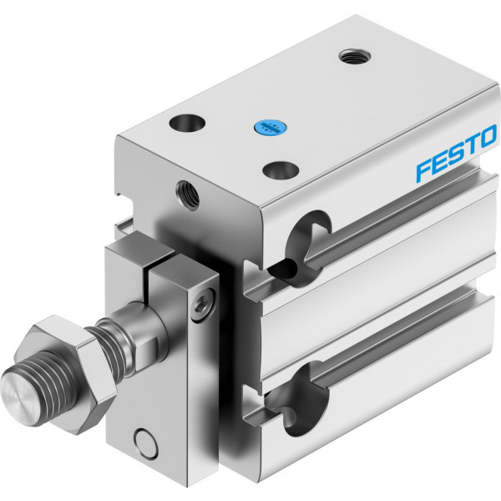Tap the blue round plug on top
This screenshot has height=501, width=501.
[x=270, y=128]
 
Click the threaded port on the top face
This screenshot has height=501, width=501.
[x=355, y=56]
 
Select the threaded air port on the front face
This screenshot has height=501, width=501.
[x=188, y=195]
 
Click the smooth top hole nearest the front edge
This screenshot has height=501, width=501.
[x=187, y=124]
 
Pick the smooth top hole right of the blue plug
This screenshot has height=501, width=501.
[x=281, y=170]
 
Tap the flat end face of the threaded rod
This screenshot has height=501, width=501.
[x=15, y=397]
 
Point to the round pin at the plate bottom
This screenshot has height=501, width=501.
[x=146, y=443]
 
